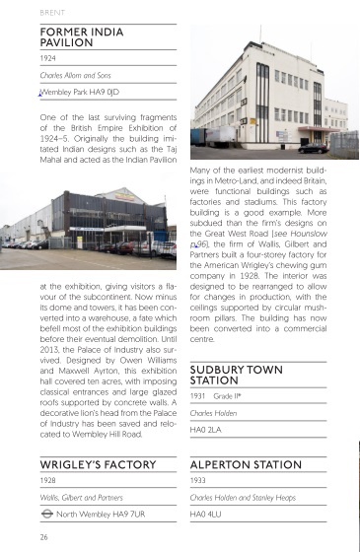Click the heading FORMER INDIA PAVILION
pos(82,38)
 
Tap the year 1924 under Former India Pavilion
pos(47,58)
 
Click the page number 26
pos(44,537)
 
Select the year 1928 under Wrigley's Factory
pos(47,481)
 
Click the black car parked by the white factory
pos(314,149)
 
